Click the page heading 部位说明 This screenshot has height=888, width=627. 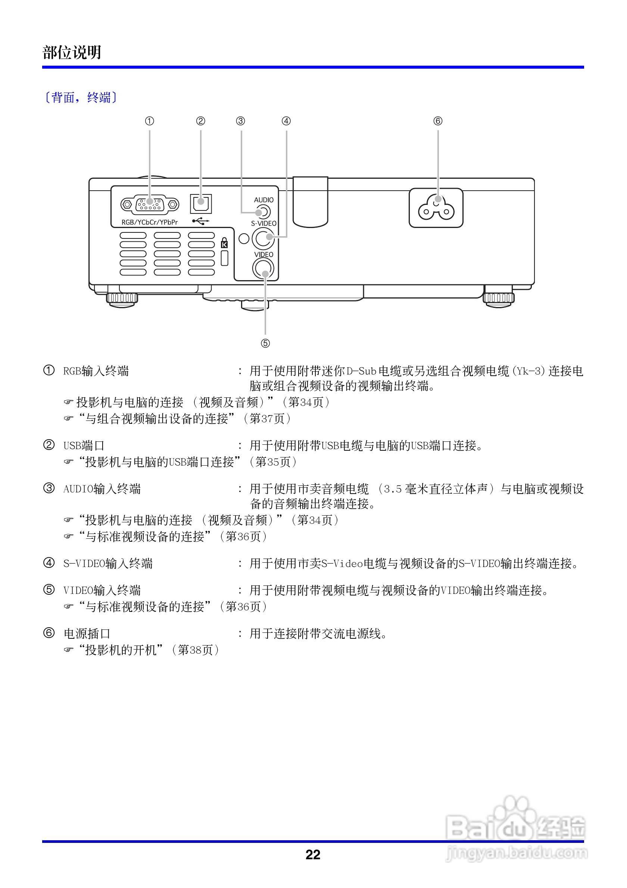point(72,53)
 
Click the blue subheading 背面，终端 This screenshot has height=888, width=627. point(81,97)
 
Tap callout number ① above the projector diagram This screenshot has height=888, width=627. point(149,121)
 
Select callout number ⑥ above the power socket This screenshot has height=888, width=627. point(438,121)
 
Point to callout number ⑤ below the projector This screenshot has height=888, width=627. point(265,343)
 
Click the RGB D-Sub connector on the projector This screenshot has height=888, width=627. point(150,204)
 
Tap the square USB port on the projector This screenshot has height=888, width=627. point(201,203)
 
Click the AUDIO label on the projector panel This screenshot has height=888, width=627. point(263,200)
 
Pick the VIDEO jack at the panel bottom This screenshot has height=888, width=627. point(263,268)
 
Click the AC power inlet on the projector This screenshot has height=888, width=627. point(436,208)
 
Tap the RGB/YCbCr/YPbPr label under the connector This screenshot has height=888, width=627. point(150,222)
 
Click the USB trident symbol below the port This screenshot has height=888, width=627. point(201,221)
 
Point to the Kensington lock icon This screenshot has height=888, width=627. point(224,243)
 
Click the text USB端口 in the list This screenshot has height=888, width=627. point(84,445)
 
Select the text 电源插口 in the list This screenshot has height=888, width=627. point(87,634)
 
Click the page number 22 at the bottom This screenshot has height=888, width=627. point(313,854)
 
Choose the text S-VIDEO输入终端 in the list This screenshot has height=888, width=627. point(108,563)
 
